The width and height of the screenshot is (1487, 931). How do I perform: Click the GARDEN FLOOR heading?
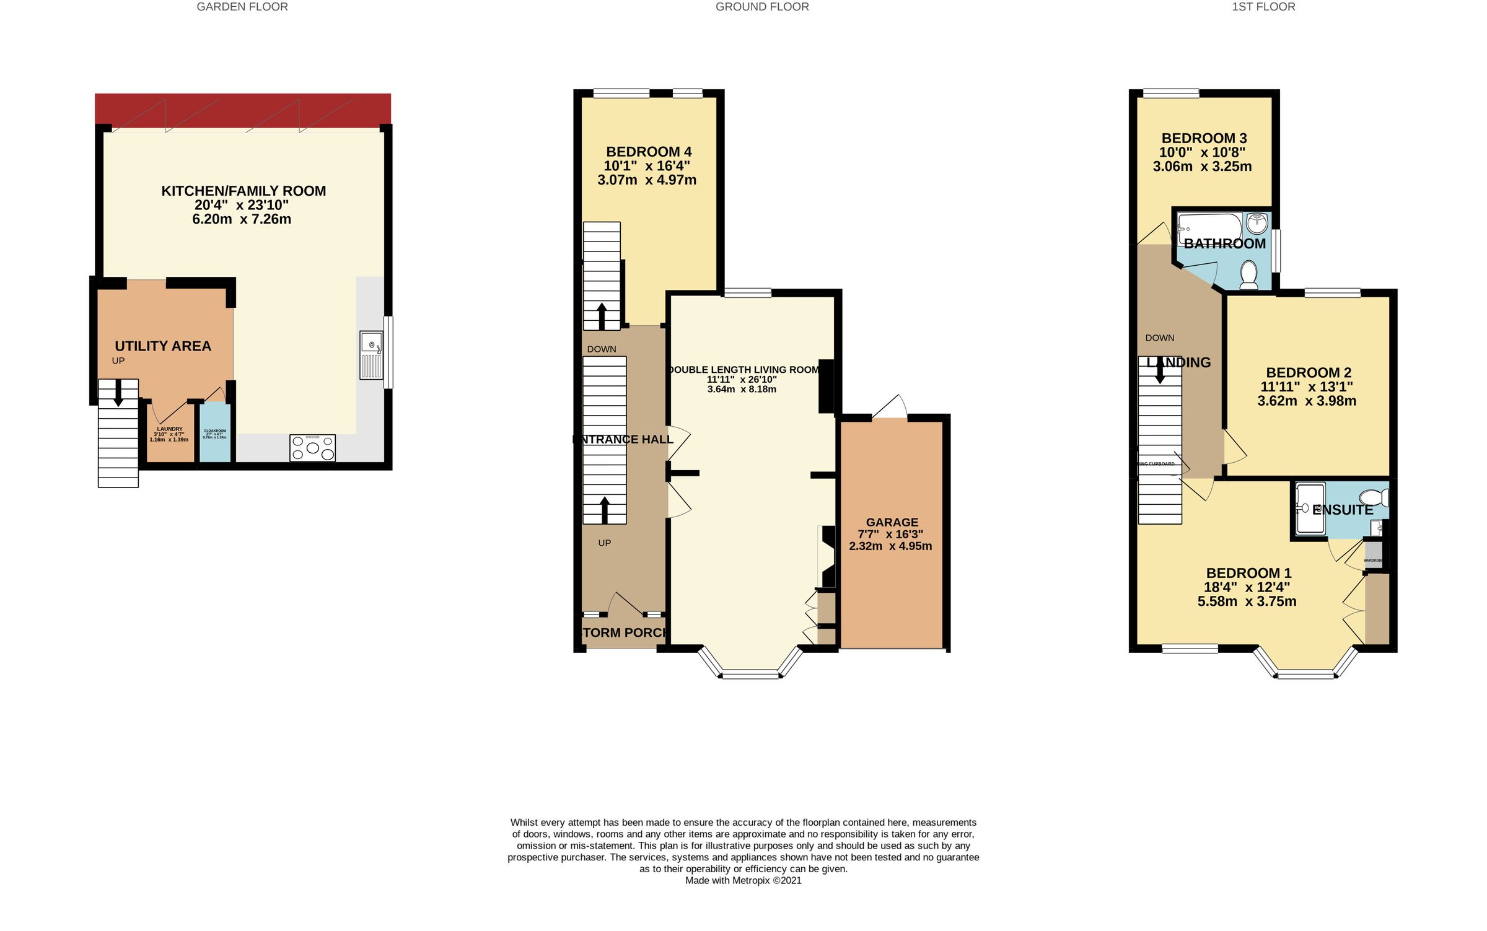[x=242, y=7]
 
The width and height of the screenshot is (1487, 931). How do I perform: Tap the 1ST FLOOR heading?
[x=1263, y=7]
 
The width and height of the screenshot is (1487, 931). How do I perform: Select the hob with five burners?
[x=313, y=447]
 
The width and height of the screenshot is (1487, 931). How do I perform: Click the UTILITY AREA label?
[x=163, y=346]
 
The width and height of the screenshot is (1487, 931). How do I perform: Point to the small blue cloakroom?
[x=215, y=432]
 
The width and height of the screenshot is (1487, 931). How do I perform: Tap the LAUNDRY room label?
[x=169, y=429]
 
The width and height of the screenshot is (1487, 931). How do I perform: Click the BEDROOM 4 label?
[x=649, y=152]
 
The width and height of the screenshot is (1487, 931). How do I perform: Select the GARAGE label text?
[x=892, y=522]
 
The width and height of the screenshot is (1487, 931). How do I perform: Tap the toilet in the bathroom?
[x=1248, y=274]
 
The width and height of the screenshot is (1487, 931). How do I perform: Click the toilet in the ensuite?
[x=1374, y=497]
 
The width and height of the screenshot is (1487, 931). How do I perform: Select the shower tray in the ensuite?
[x=1309, y=508]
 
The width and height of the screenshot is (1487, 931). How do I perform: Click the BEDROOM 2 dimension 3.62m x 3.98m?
[x=1307, y=401]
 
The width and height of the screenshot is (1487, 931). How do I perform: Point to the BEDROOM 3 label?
[x=1204, y=138]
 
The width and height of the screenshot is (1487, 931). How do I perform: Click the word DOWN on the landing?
[x=1159, y=338]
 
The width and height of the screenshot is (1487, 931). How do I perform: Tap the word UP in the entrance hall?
[x=604, y=543]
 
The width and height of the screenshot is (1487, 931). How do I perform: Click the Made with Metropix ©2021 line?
[x=743, y=880]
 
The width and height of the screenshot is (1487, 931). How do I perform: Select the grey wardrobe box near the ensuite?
[x=1373, y=555]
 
